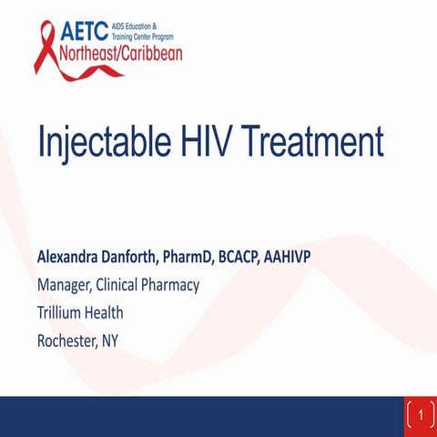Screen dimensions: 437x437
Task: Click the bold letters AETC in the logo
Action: (87, 31)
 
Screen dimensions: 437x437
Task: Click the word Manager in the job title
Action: (66, 286)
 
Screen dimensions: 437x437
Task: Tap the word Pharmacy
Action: (172, 286)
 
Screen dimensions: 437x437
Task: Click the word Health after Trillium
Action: (106, 313)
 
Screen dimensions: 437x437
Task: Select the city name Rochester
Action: (67, 341)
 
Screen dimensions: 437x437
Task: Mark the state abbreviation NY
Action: (110, 341)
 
